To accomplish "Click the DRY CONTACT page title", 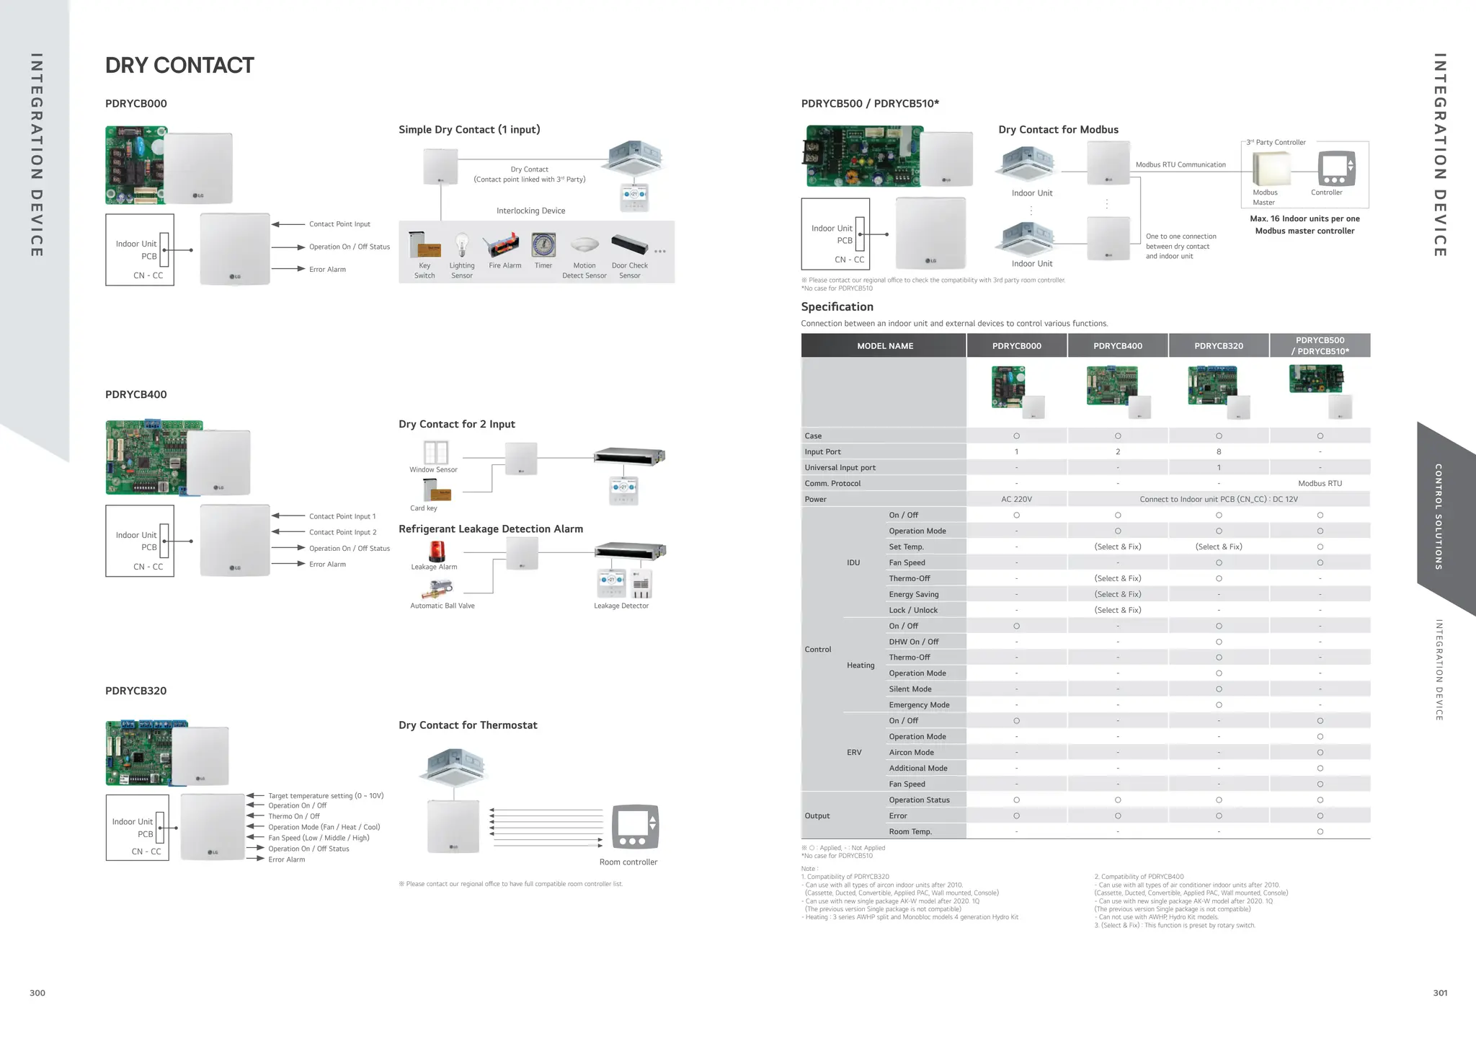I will tap(179, 66).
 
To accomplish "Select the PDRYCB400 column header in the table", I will tap(1117, 346).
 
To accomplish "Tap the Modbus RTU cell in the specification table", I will tap(1320, 484).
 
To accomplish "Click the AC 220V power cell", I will tap(1016, 500).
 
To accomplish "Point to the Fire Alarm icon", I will tap(502, 246).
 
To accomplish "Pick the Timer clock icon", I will tap(543, 246).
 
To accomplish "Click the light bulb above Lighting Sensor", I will tap(462, 245).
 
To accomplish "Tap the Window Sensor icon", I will tap(435, 453).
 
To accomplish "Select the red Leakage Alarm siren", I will tap(437, 552).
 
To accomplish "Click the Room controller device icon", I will tap(635, 826).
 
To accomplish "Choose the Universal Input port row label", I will tap(840, 468).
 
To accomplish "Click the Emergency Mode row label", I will tap(919, 705).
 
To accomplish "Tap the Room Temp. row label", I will tap(910, 832).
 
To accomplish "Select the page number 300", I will tap(37, 994).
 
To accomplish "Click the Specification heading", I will tap(837, 307).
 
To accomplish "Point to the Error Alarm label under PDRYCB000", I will tap(327, 270).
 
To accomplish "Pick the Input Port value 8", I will tap(1219, 452).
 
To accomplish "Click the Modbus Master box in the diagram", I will tap(1271, 169).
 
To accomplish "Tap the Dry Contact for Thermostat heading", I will tap(468, 725).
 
